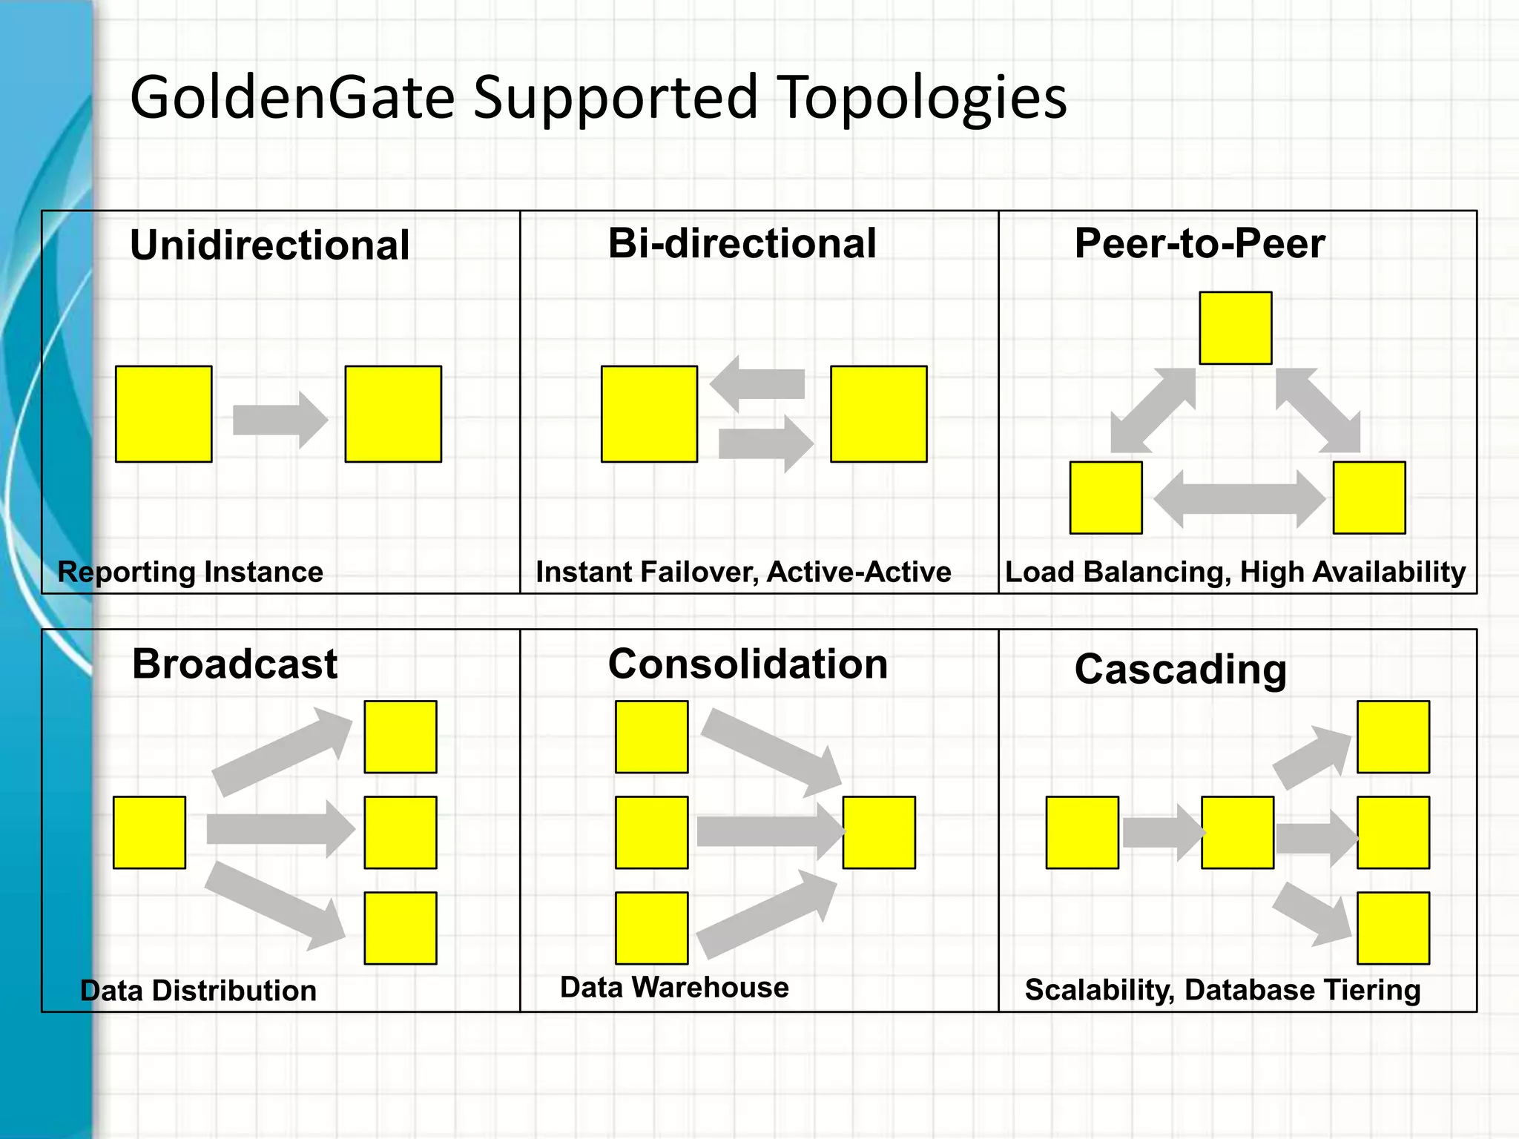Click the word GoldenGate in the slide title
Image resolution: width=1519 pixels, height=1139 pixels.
(292, 97)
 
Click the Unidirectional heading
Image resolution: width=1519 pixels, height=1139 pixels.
(269, 245)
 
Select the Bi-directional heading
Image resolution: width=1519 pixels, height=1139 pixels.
(742, 243)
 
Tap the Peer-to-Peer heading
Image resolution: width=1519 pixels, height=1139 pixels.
(1199, 243)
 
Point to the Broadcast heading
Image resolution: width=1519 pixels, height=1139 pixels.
(234, 664)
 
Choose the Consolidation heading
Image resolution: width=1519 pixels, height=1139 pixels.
(748, 664)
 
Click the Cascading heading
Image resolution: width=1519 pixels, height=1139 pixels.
(1180, 670)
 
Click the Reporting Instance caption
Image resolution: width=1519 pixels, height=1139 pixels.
(191, 572)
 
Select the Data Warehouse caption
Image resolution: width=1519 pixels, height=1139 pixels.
(674, 988)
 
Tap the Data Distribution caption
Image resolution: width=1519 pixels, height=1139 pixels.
(198, 991)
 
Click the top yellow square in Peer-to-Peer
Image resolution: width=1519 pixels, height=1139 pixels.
(1235, 328)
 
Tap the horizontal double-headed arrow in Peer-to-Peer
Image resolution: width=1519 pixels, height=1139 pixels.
(1239, 499)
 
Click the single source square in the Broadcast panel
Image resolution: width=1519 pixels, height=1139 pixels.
(149, 832)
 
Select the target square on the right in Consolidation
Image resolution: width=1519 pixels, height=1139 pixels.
(879, 832)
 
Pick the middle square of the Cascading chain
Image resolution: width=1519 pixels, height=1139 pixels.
(1237, 832)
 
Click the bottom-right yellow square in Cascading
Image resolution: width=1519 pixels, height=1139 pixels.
(1393, 928)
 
